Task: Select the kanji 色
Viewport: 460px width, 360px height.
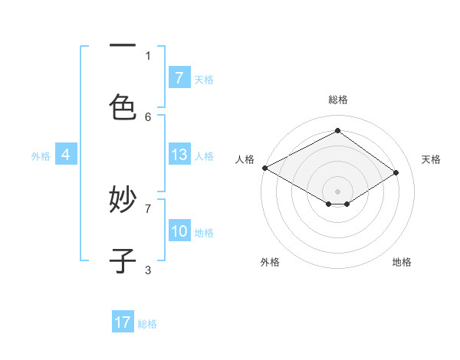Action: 123,106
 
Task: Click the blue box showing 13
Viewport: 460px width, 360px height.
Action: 179,155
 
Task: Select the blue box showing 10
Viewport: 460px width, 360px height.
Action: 179,231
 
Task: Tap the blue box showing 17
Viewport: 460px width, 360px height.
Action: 123,323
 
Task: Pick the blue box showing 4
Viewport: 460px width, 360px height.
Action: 66,155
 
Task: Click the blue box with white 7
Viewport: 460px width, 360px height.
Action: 179,78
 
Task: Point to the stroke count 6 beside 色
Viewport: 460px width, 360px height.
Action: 148,116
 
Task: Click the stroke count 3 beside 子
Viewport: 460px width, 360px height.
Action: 148,269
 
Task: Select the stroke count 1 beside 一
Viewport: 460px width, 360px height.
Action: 148,55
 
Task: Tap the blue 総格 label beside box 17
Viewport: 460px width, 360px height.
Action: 147,324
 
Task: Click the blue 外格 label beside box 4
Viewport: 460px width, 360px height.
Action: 41,156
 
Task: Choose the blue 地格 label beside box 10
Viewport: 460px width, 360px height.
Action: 204,233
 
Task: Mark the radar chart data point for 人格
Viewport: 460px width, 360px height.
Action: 264,168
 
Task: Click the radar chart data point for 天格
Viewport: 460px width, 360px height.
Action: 396,173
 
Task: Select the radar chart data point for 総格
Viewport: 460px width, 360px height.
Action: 337,131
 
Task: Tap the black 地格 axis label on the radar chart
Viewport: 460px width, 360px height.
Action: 402,262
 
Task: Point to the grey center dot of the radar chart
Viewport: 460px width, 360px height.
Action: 337,191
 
